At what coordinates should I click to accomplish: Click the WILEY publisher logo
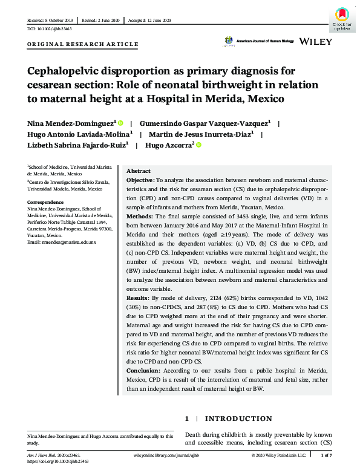click(315, 41)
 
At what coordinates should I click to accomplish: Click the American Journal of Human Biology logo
click(259, 41)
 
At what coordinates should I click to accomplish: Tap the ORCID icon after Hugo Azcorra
click(198, 145)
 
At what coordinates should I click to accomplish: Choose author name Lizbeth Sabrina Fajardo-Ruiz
click(76, 145)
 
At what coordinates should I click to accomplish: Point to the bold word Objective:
click(140, 180)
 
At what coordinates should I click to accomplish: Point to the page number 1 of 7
click(326, 454)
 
